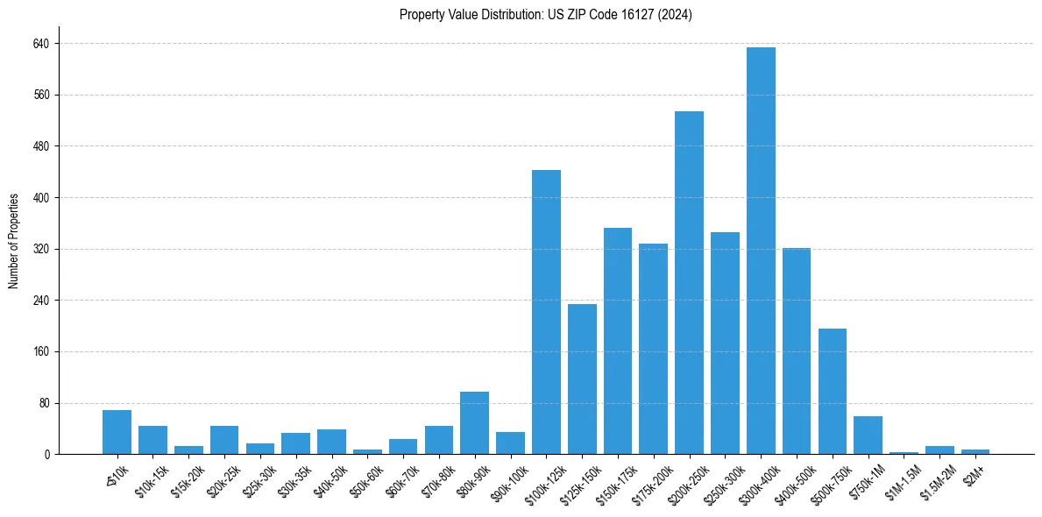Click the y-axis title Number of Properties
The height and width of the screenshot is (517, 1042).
coord(13,241)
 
